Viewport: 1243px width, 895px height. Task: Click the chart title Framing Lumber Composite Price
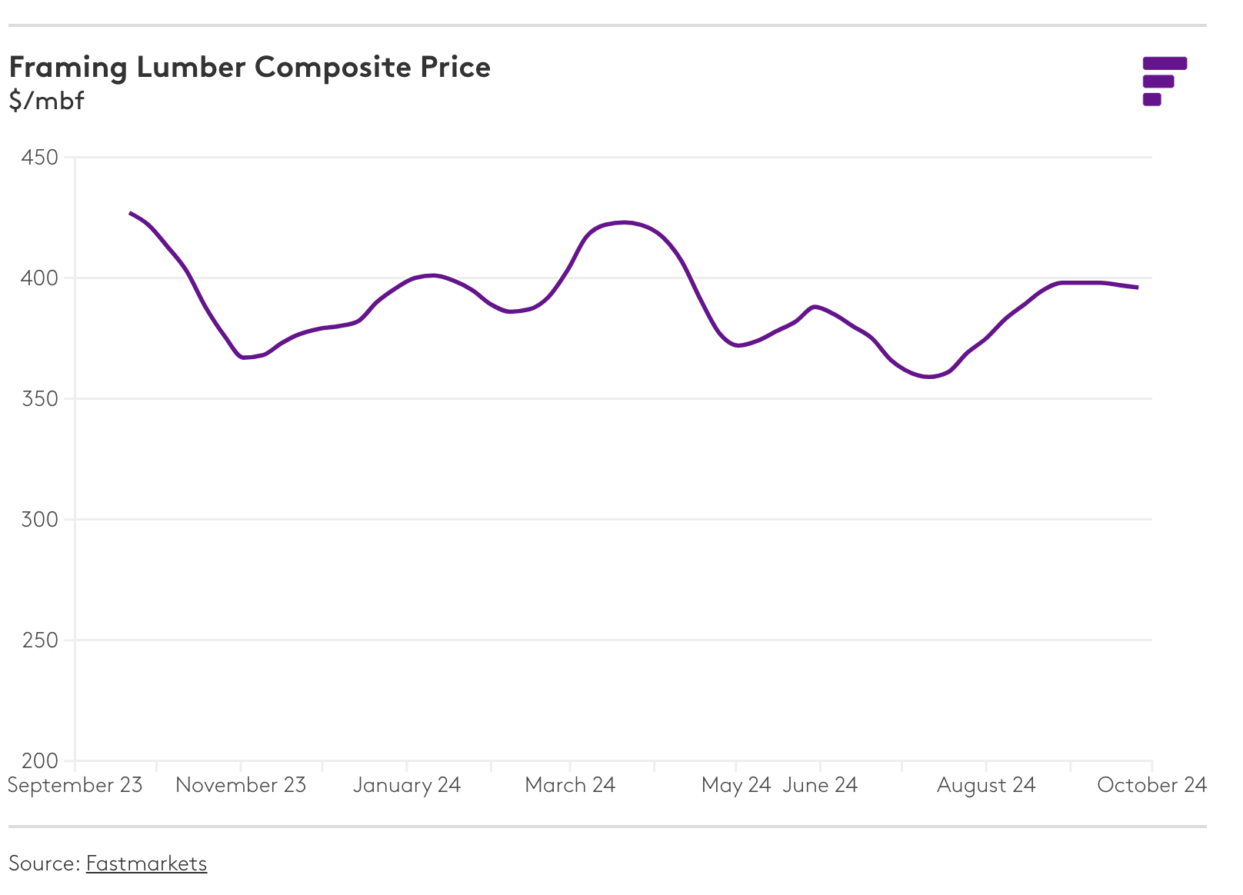coord(249,68)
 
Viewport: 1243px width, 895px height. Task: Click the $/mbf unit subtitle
coord(46,101)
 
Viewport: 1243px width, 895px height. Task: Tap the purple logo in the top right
coord(1164,81)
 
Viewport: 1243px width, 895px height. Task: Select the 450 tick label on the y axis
coord(40,158)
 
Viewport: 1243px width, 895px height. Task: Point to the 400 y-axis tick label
coord(40,278)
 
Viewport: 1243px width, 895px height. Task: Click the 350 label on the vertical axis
coord(40,399)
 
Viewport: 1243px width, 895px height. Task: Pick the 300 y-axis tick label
coord(40,520)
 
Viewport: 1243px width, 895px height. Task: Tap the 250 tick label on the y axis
coord(40,640)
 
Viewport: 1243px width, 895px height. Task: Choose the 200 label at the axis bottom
coord(40,761)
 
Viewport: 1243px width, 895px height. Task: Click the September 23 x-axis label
coord(75,785)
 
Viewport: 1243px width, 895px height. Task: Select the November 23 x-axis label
coord(241,785)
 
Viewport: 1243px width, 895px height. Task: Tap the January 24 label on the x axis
coord(407,785)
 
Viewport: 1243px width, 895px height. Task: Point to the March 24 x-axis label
coord(570,785)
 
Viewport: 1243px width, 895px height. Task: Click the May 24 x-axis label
coord(736,785)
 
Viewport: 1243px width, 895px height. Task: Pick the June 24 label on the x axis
coord(820,785)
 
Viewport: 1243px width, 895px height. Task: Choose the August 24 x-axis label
coord(986,785)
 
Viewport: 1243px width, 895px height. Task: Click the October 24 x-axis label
coord(1151,785)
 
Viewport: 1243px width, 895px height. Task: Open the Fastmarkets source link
coord(146,863)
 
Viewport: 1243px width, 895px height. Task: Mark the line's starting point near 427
coord(130,213)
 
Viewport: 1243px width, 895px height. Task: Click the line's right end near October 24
coord(1137,288)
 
